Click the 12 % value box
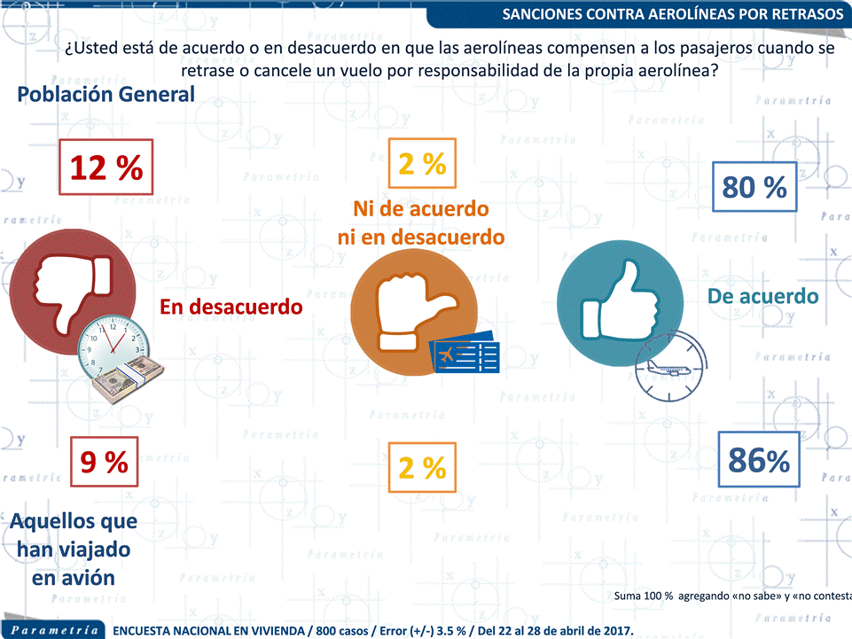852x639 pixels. pos(106,167)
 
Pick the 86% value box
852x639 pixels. pos(758,461)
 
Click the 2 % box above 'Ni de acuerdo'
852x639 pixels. pos(422,163)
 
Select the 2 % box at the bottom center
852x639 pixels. pos(422,467)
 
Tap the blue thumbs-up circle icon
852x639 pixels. pos(621,302)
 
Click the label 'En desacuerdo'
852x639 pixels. pos(231,307)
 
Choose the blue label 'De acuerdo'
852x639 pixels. pos(762,295)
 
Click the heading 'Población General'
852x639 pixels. pos(106,94)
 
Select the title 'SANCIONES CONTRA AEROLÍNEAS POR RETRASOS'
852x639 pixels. pos(673,14)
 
